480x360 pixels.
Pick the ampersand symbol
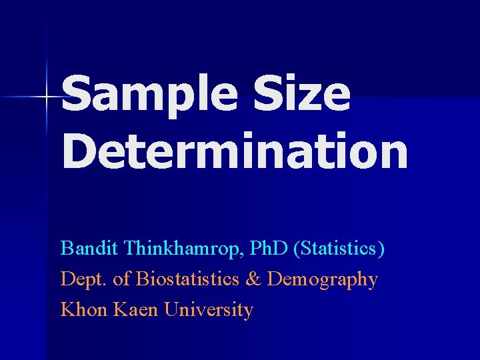253,279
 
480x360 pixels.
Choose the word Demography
322,280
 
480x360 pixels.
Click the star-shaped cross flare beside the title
47,98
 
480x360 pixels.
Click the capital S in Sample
78,95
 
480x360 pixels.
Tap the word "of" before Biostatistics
122,279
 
